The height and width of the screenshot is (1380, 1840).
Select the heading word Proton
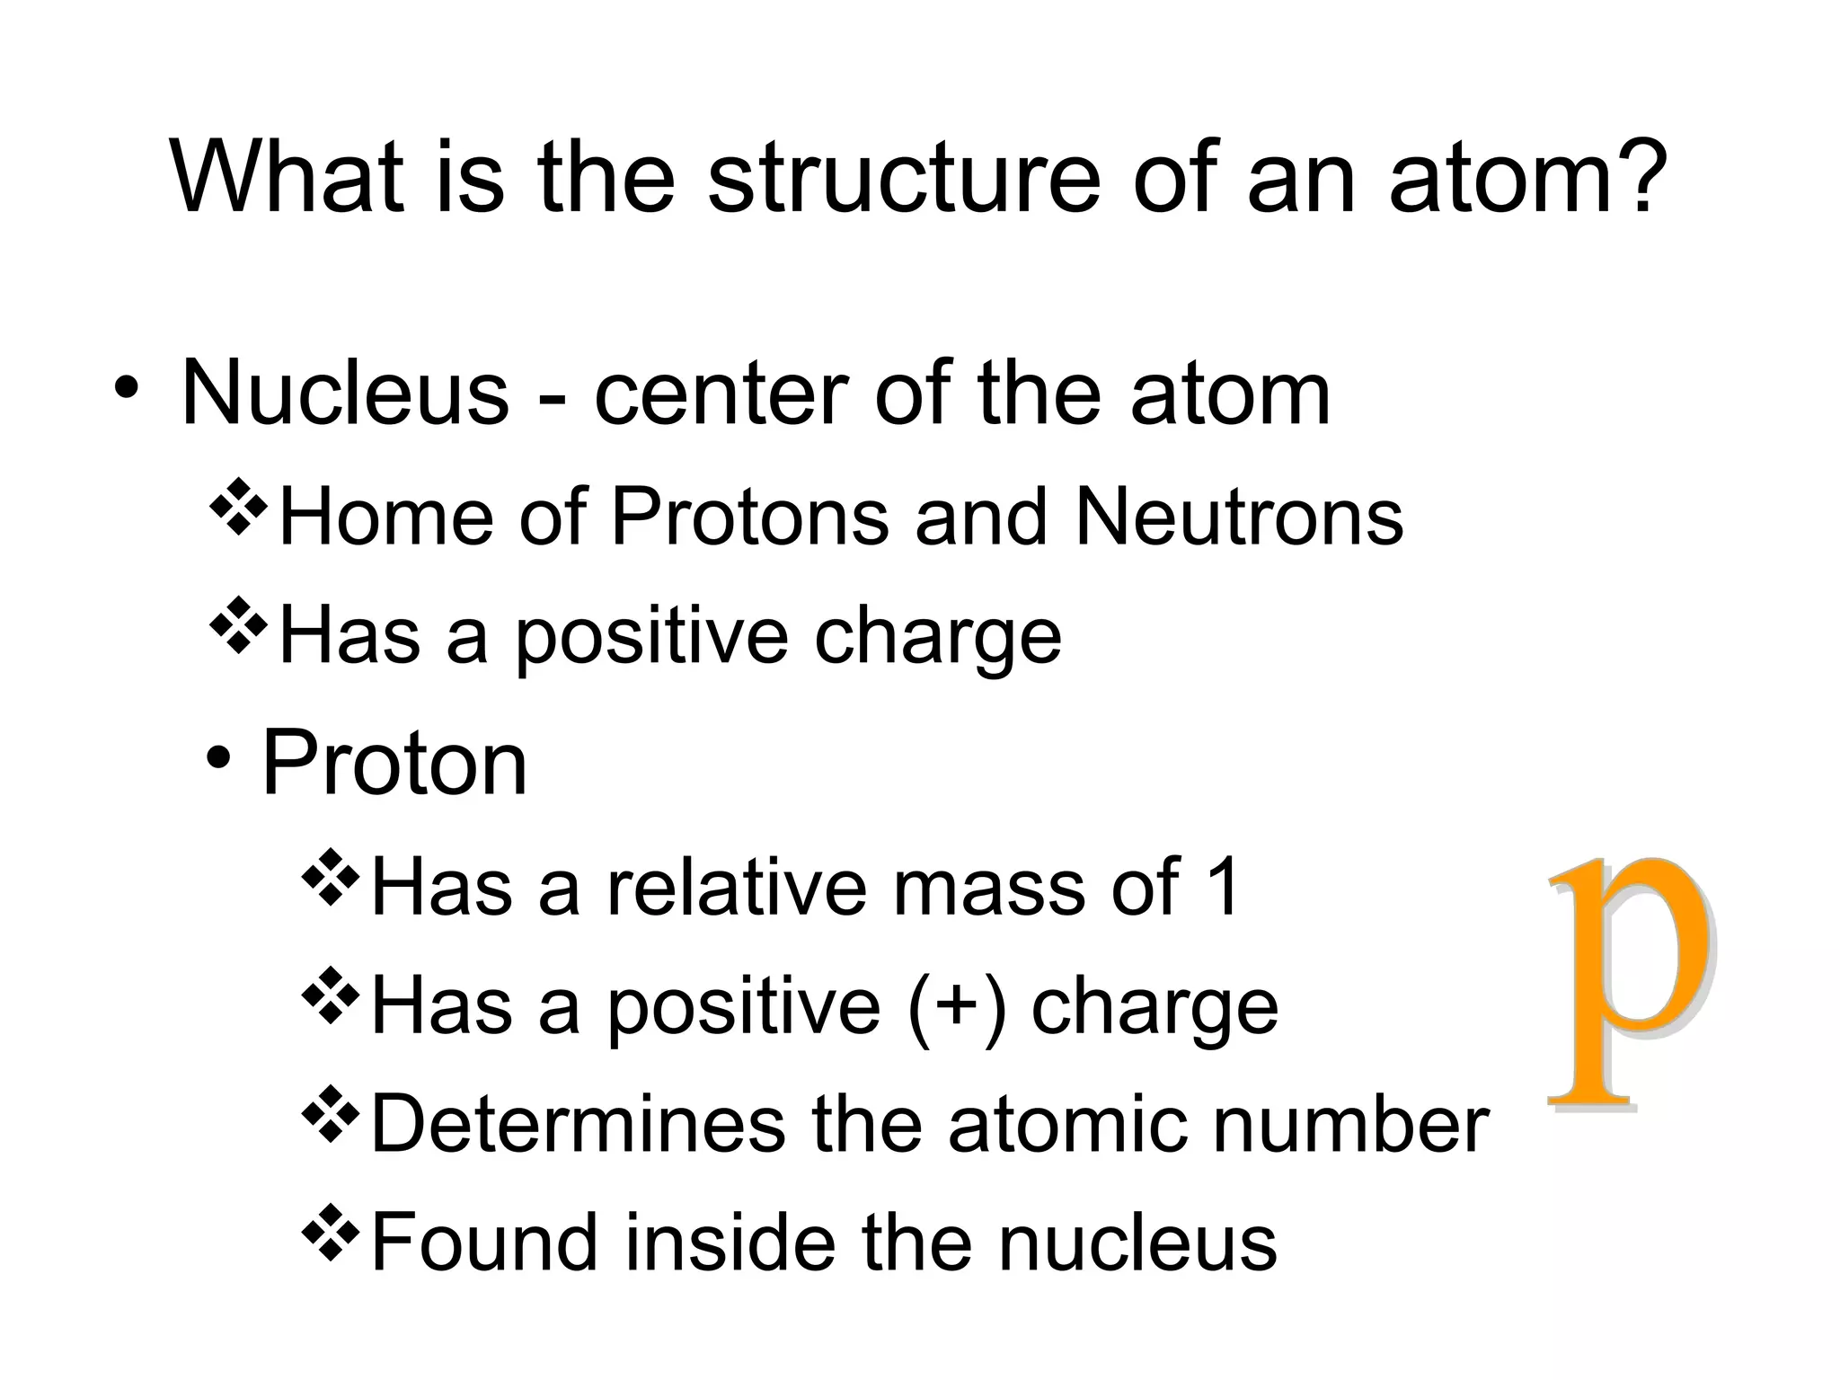coord(394,764)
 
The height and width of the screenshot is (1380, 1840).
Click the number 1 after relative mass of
coord(1223,887)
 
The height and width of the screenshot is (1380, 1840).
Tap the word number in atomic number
coord(1352,1124)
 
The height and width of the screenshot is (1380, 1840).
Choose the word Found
coord(484,1242)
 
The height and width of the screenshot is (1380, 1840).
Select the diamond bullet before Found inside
coord(331,1233)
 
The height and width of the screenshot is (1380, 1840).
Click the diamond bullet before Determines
coord(331,1115)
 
